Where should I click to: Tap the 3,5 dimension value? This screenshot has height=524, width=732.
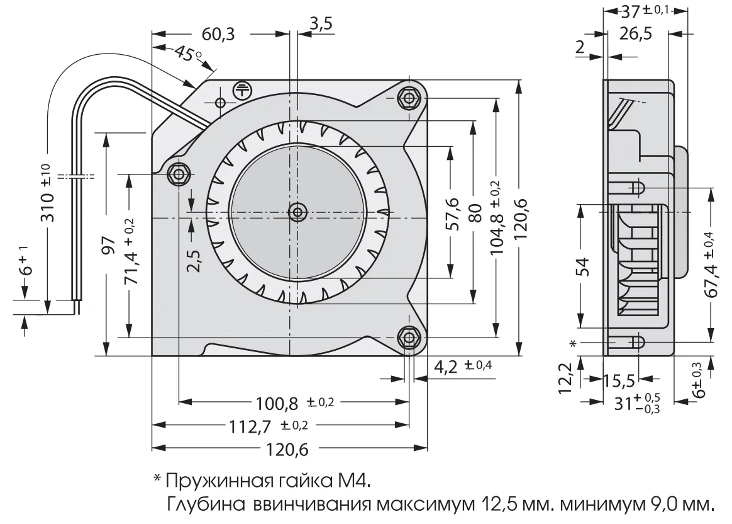tap(321, 24)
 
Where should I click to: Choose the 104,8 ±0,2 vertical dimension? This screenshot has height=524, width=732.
tap(496, 219)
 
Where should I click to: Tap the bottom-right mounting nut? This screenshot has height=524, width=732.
tap(409, 338)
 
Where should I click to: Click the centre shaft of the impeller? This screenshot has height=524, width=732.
tap(296, 212)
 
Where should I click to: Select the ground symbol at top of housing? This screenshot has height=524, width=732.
tap(241, 90)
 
